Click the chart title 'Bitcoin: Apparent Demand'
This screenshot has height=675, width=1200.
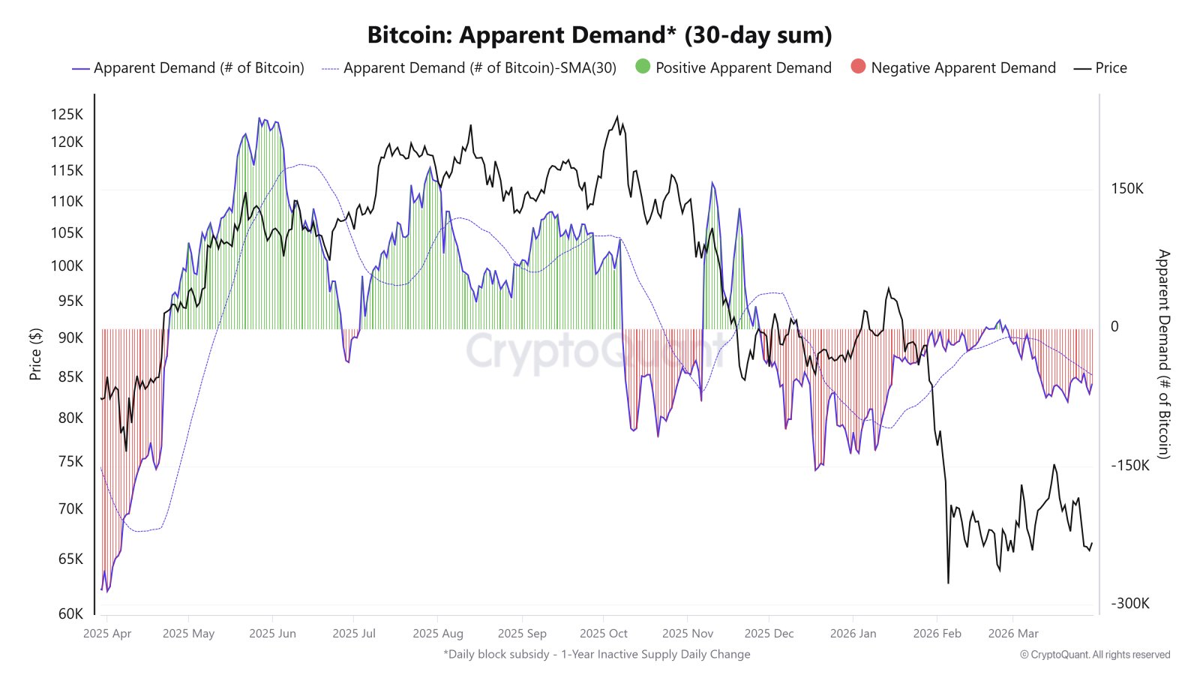[x=599, y=35]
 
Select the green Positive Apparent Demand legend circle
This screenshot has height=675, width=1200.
[x=643, y=67]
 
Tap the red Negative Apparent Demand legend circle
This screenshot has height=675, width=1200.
[x=858, y=67]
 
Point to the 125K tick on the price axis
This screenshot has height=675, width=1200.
[x=67, y=114]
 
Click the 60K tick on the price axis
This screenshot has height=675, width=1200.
[x=70, y=613]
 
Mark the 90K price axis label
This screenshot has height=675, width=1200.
[x=70, y=337]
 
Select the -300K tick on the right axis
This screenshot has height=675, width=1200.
[x=1129, y=604]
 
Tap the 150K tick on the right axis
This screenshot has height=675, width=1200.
[x=1126, y=188]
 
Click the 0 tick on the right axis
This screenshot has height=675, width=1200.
[x=1114, y=327]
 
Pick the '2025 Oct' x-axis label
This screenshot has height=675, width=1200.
[x=603, y=634]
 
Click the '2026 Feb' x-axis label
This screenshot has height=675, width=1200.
[x=937, y=634]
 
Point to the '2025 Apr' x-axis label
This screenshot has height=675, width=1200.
[x=107, y=634]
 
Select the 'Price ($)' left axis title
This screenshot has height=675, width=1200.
[x=35, y=354]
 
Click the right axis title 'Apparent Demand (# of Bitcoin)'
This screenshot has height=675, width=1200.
[x=1163, y=354]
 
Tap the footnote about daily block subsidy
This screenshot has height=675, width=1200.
[x=596, y=654]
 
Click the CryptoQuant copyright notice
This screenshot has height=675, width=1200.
[x=1094, y=655]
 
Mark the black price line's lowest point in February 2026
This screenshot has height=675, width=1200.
[x=948, y=583]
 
